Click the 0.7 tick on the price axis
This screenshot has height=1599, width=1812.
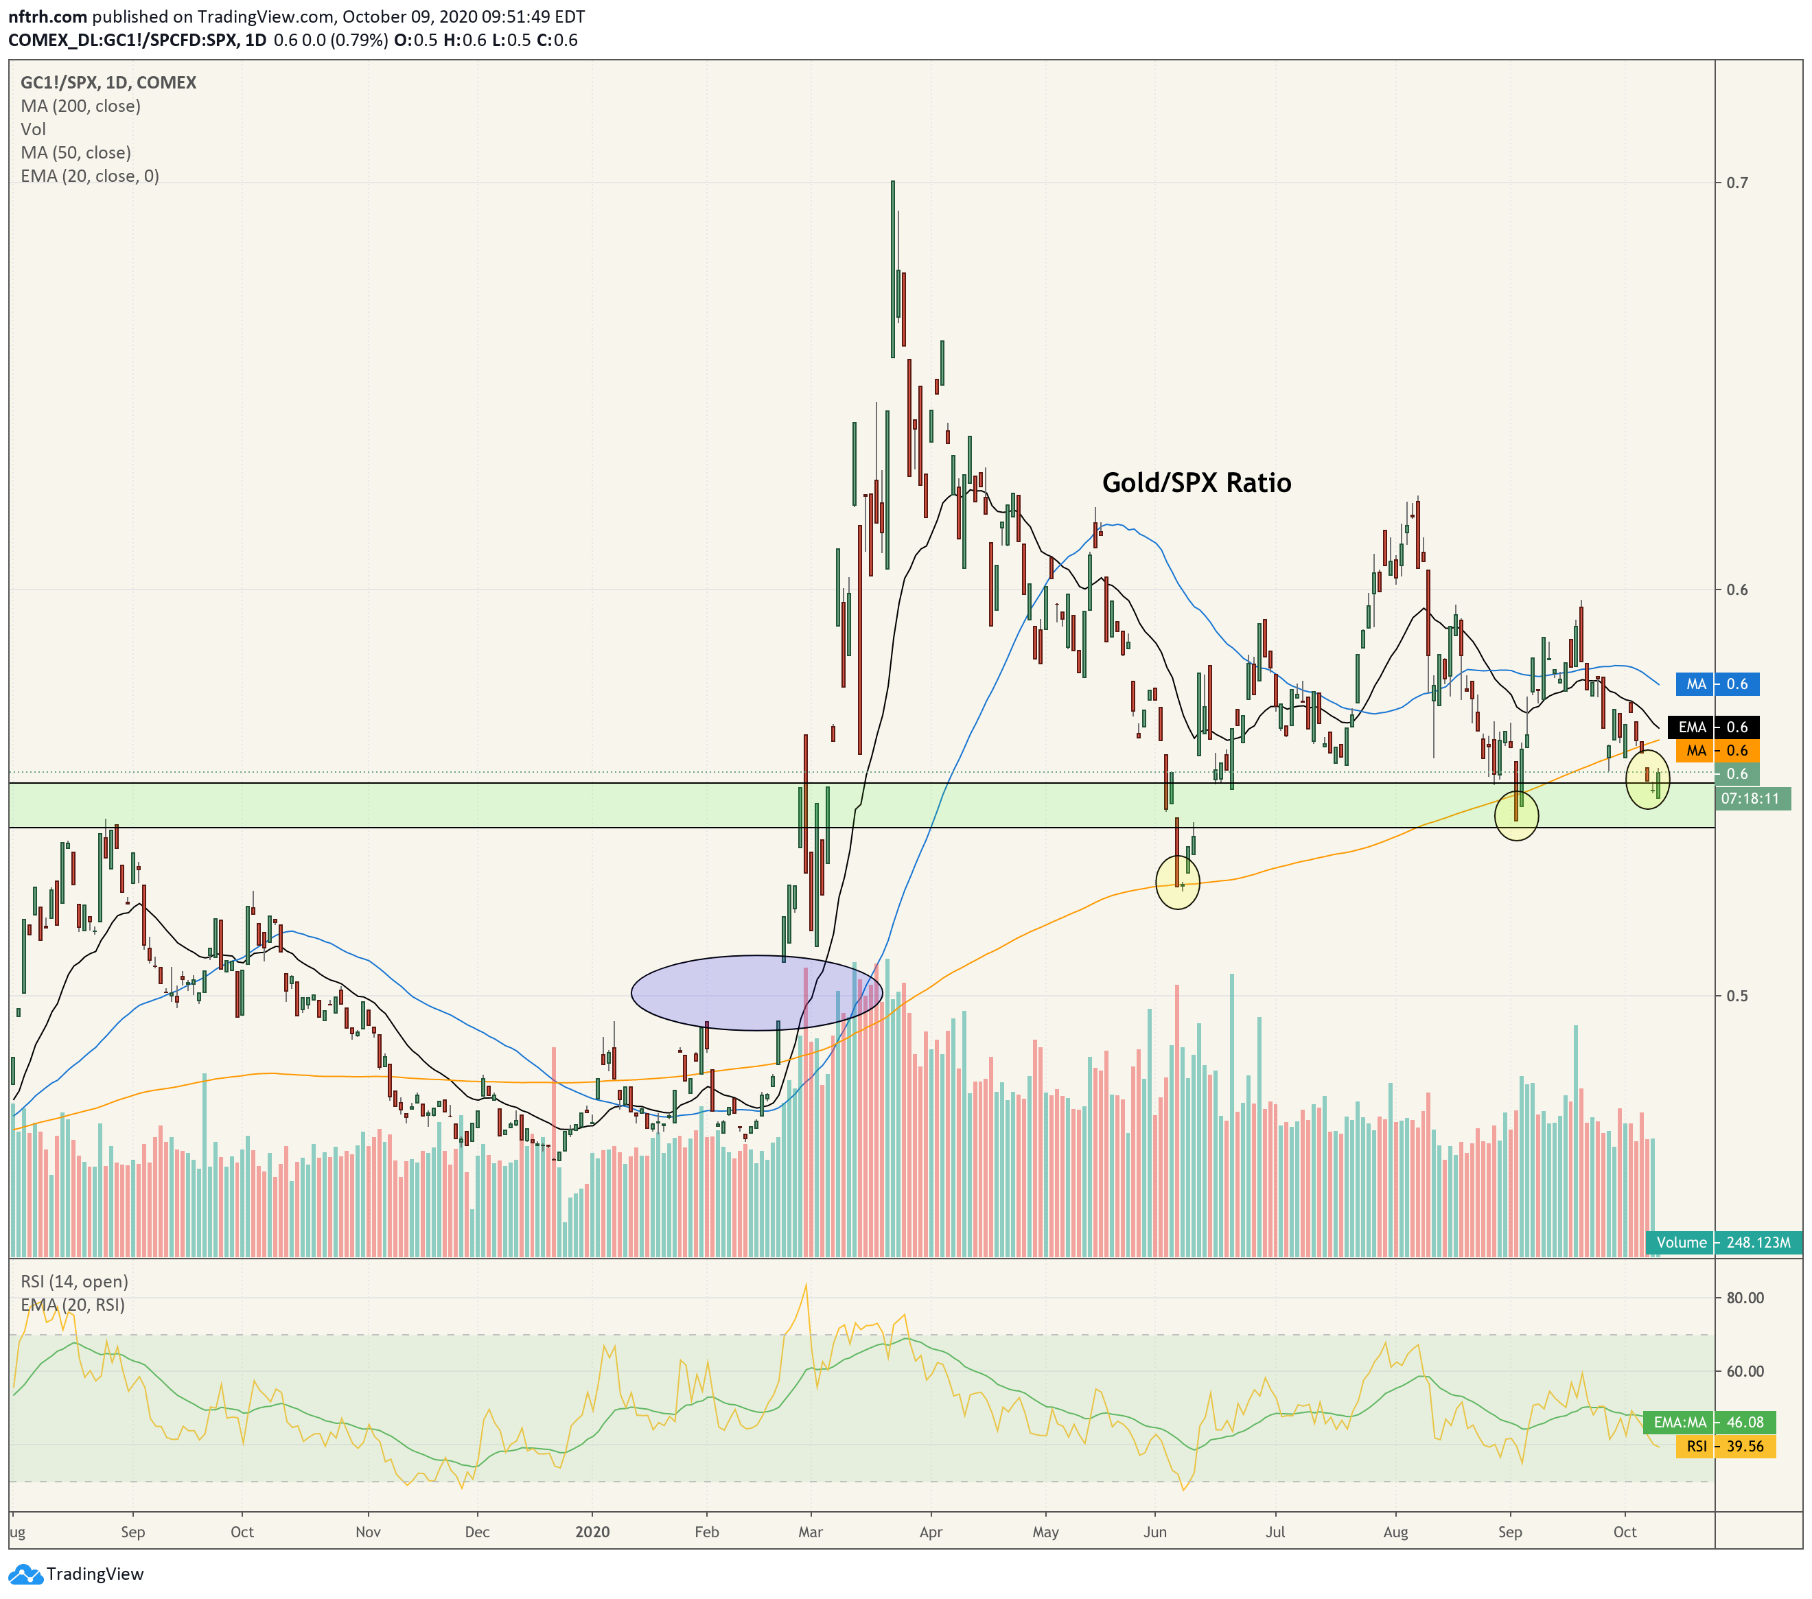[x=1736, y=183]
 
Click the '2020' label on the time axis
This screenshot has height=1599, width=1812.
[x=592, y=1532]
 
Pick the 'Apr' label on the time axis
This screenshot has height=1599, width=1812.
[x=931, y=1532]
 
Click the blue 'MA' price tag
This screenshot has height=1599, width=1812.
[x=1717, y=684]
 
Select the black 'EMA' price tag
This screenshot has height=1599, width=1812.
[x=1714, y=727]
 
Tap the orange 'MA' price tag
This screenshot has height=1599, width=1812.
[x=1717, y=751]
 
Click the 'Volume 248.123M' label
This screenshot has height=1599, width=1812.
[x=1724, y=1243]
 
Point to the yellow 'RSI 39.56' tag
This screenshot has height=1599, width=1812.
[x=1725, y=1447]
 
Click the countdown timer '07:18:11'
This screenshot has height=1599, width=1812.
[x=1751, y=799]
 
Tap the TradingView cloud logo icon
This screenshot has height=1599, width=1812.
[x=25, y=1574]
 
